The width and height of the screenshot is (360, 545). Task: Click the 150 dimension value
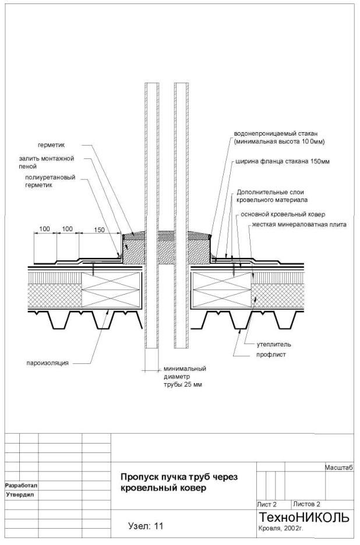click(99, 230)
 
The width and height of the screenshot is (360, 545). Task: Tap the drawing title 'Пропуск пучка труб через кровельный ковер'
click(179, 483)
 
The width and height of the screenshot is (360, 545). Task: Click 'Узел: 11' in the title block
click(145, 526)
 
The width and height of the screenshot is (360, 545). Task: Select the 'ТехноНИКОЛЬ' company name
click(304, 518)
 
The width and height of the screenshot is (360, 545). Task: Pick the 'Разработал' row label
click(21, 484)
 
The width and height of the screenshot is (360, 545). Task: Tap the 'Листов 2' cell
click(308, 504)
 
